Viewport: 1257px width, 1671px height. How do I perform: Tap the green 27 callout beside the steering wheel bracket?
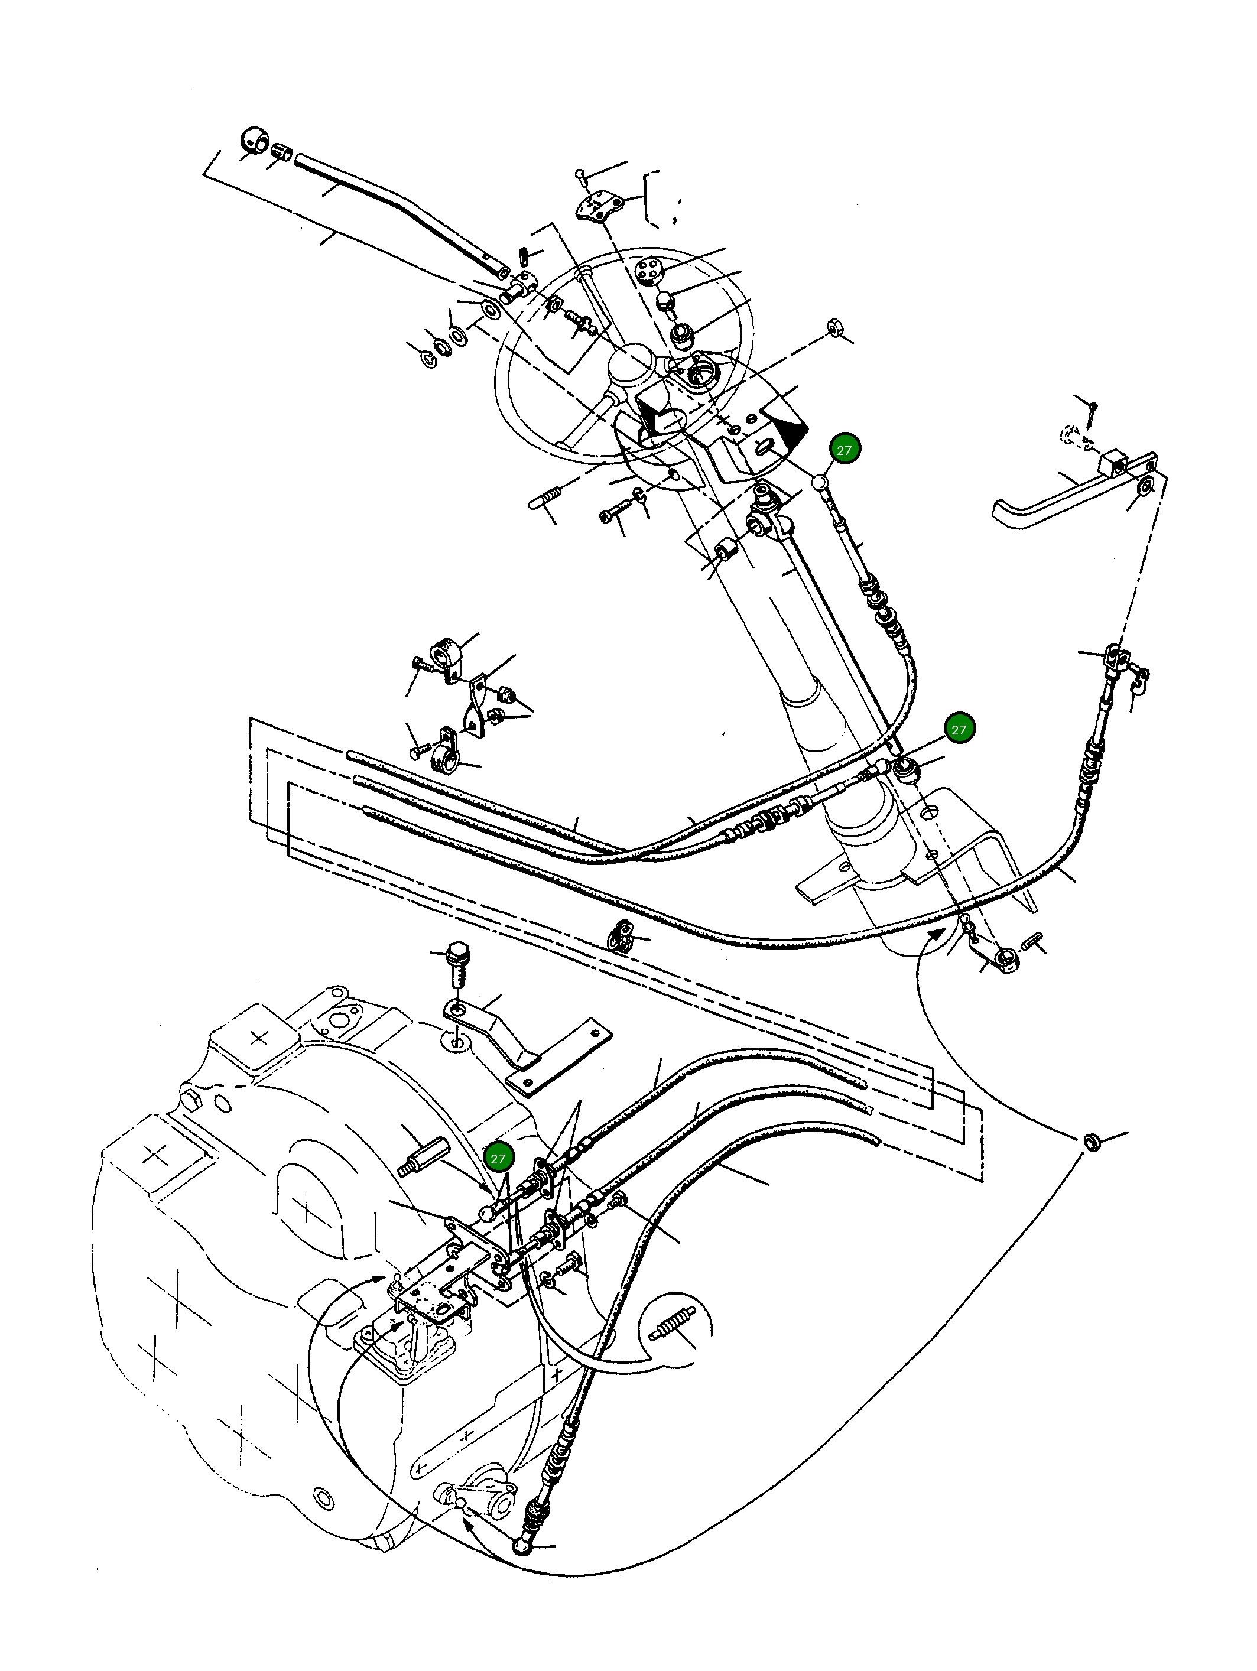[x=844, y=450]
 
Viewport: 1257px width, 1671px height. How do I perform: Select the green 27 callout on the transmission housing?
[x=498, y=1159]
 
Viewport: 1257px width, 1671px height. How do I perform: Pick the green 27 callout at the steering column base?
[x=958, y=730]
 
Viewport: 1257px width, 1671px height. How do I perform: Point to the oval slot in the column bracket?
[x=764, y=448]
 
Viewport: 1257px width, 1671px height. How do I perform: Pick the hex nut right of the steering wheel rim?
[x=836, y=328]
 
